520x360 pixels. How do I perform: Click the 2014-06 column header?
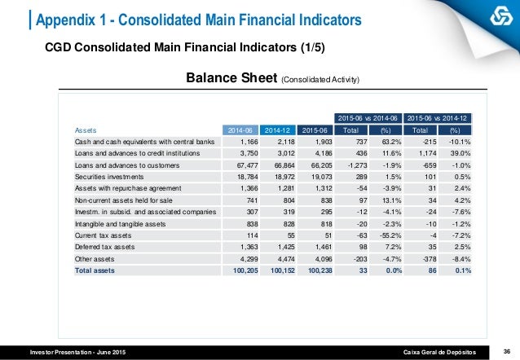241,129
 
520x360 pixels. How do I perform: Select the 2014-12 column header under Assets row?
279,129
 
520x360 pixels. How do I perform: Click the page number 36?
506,350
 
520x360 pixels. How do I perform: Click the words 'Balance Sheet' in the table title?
232,79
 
